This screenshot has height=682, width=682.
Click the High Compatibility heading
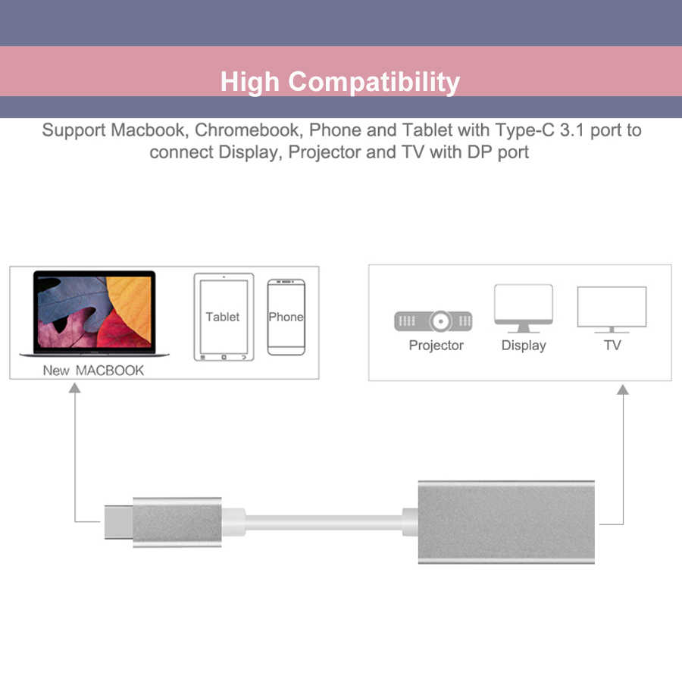coord(340,81)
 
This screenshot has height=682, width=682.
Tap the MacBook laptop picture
coord(94,314)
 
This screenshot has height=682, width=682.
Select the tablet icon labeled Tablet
coord(223,317)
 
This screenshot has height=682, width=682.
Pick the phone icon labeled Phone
coord(286,317)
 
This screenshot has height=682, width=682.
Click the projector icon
coord(433,321)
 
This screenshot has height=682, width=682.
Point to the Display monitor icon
coord(523,308)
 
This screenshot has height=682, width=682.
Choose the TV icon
coord(612,309)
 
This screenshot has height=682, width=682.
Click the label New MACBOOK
coord(93,371)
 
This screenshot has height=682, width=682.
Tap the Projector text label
coord(436,346)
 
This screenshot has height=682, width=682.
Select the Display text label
coord(524,346)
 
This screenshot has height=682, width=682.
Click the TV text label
coord(612,346)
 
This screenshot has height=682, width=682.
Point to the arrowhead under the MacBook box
coord(74,389)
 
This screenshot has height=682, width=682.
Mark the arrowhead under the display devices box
coord(623,389)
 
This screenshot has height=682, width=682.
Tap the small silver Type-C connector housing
coord(177,522)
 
